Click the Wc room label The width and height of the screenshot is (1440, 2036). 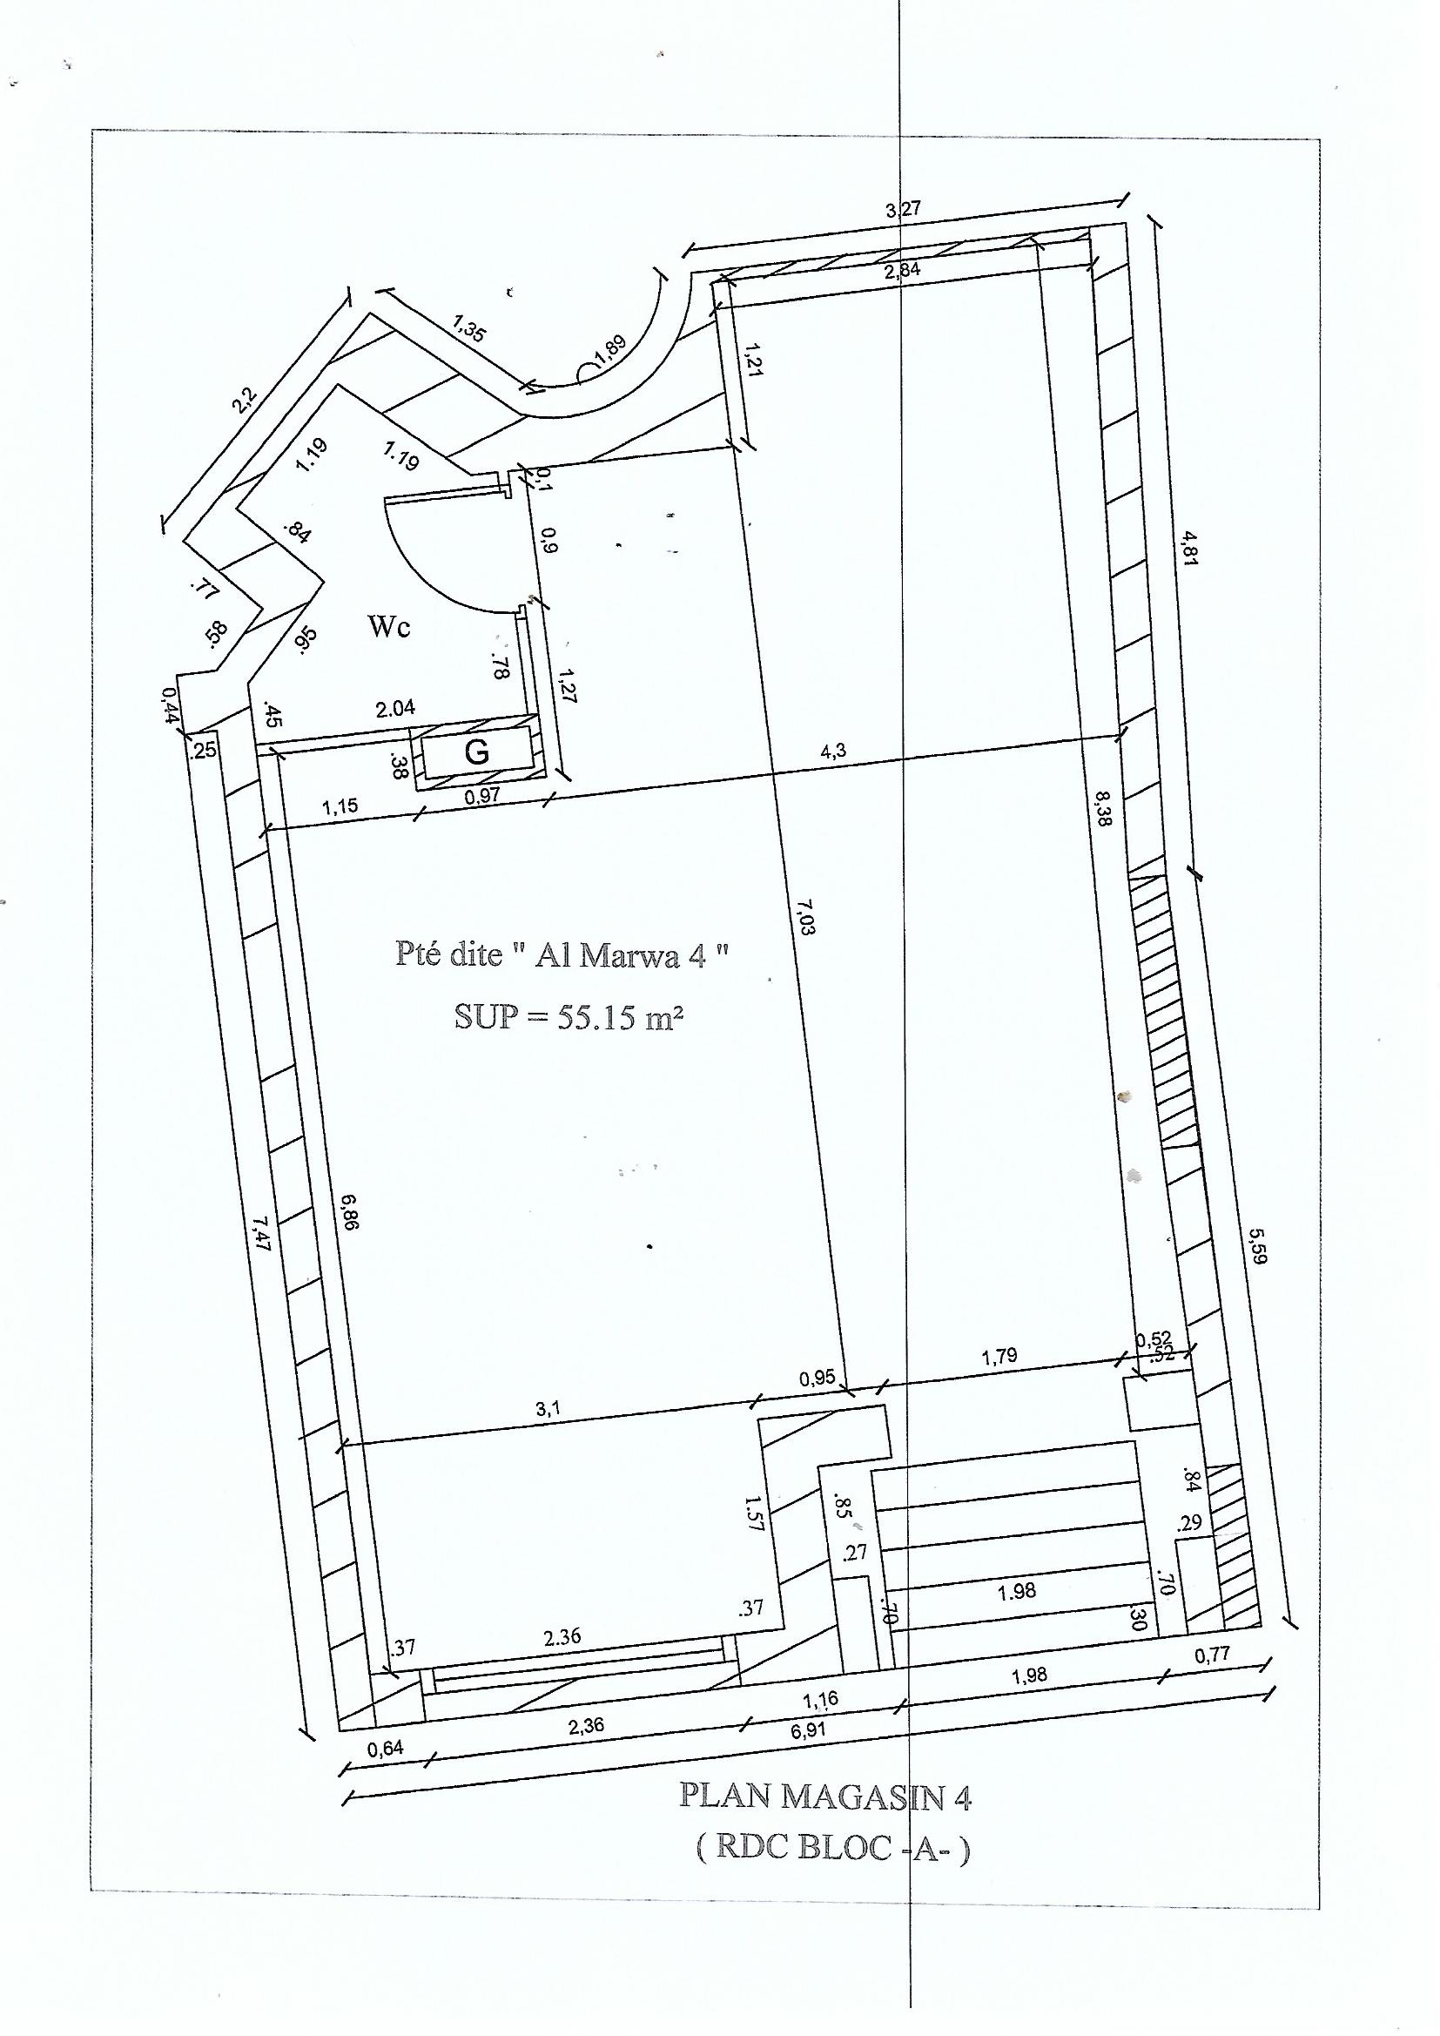tap(389, 627)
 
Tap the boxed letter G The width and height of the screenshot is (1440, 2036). tap(477, 752)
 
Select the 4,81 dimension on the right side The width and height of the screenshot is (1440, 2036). tap(1188, 550)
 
